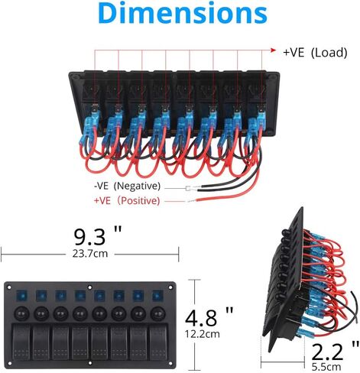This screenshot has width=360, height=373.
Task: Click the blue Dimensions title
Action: (x=183, y=13)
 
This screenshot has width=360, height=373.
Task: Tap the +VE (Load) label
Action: (x=315, y=53)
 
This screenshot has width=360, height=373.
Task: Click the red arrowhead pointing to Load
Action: (x=274, y=50)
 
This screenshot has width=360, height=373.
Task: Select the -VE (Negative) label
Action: (x=128, y=186)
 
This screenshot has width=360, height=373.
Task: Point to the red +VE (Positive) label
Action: (x=127, y=201)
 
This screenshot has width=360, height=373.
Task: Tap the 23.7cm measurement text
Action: (x=90, y=254)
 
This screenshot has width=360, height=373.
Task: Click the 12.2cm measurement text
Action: (x=203, y=334)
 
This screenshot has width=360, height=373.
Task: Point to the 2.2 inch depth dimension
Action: (x=335, y=351)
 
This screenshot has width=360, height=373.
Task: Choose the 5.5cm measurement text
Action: (x=326, y=367)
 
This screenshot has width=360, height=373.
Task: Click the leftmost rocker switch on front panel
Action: (x=21, y=342)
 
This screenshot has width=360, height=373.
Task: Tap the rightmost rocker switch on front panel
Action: (x=158, y=342)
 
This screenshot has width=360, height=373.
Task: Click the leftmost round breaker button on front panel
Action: (x=21, y=314)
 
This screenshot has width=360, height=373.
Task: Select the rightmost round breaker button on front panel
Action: (x=158, y=314)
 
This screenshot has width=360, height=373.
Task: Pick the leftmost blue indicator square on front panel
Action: (x=22, y=296)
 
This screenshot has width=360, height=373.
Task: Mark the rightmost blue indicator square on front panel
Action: (x=157, y=296)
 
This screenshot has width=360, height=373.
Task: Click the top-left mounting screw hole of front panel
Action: (x=9, y=287)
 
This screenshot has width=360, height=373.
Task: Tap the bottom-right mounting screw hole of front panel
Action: (x=170, y=363)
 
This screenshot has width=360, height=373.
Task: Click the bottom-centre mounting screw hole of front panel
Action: (x=89, y=363)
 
